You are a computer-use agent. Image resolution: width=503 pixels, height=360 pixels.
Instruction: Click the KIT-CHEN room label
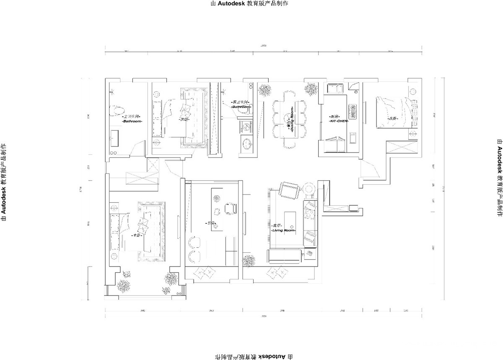339,120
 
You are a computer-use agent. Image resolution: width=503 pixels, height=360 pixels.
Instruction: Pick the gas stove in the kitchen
353,111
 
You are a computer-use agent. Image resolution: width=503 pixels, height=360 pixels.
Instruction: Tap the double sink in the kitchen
336,89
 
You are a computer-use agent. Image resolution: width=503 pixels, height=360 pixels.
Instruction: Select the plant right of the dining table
311,89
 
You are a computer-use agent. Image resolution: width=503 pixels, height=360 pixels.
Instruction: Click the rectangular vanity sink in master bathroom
114,136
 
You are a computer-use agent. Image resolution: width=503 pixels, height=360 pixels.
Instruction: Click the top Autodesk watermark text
251,4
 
